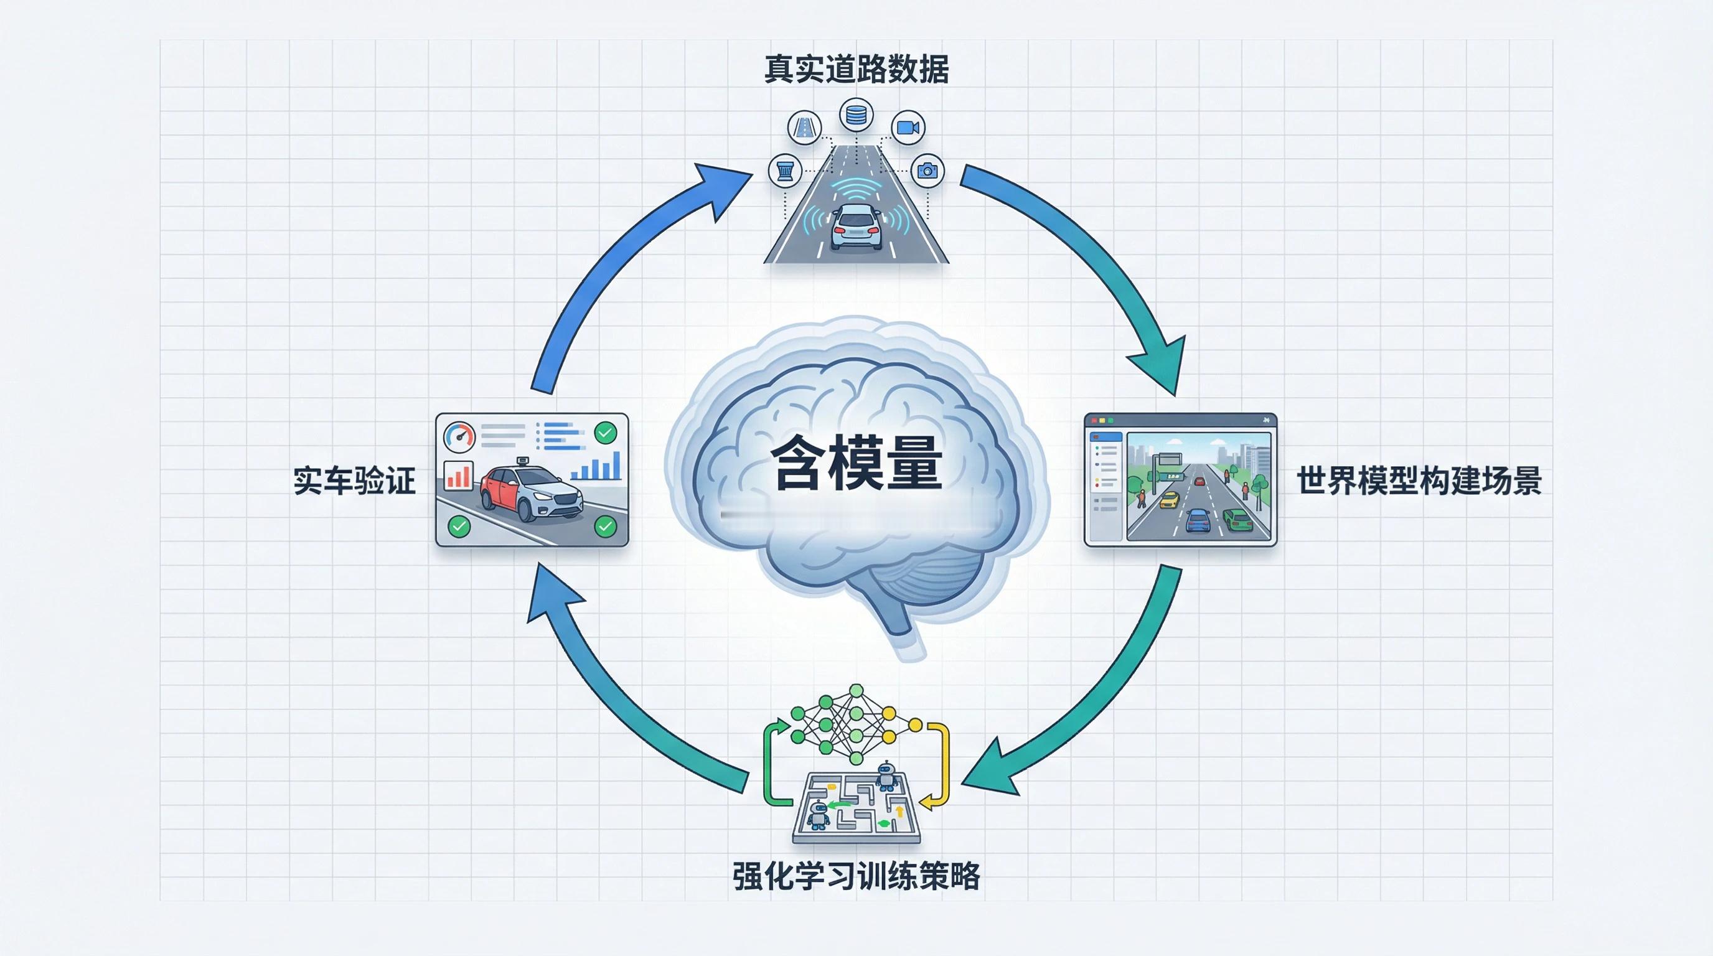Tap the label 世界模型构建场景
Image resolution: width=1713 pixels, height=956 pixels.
(1419, 480)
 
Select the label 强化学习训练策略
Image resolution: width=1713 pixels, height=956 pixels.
(856, 876)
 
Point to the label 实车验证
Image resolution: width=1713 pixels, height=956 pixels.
(354, 480)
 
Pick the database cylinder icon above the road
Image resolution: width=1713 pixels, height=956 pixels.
(856, 116)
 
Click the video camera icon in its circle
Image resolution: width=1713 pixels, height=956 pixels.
(907, 128)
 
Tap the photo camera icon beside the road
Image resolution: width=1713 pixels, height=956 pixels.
(927, 171)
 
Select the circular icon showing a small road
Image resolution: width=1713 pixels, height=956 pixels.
(804, 128)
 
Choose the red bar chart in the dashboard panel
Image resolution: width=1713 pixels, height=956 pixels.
(458, 475)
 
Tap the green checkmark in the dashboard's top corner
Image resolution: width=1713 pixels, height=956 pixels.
(604, 433)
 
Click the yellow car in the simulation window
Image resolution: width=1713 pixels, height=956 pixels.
(1169, 500)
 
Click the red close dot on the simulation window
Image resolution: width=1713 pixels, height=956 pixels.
(1094, 420)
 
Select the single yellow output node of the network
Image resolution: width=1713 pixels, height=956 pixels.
(915, 724)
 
